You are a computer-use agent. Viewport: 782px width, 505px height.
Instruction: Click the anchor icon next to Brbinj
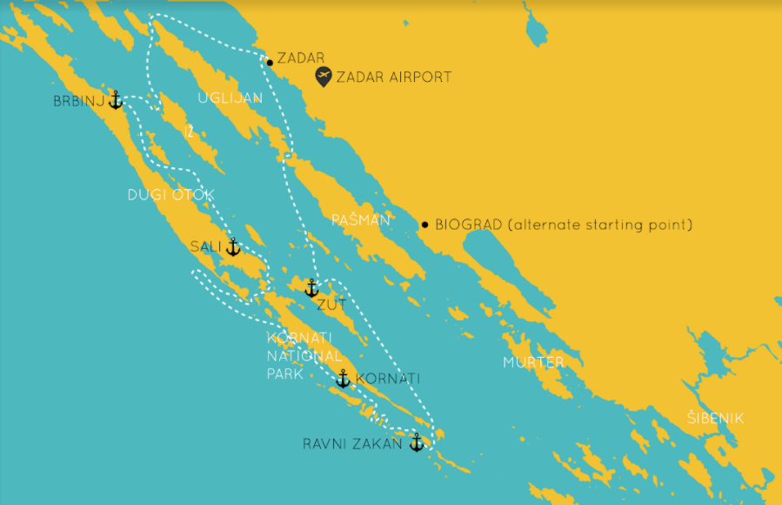(115, 100)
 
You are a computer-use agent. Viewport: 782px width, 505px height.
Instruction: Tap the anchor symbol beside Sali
(232, 247)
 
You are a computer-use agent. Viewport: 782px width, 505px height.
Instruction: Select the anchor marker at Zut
(311, 288)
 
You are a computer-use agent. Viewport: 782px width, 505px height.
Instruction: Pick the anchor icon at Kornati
(343, 379)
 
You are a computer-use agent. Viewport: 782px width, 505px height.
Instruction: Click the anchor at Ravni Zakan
(416, 442)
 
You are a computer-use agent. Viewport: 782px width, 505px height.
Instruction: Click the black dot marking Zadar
(270, 62)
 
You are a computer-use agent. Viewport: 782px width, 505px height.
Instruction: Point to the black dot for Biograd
(424, 225)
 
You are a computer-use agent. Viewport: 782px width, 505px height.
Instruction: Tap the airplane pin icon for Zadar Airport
(324, 76)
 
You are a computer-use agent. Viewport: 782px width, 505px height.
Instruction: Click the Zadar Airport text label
(394, 77)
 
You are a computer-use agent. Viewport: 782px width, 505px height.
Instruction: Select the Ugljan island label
(230, 98)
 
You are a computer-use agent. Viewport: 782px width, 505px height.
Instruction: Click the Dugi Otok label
(170, 195)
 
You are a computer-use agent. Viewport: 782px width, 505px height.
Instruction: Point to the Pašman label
(361, 221)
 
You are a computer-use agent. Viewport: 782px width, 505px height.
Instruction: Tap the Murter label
(533, 362)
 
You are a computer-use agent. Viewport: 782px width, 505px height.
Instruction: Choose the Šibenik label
(715, 419)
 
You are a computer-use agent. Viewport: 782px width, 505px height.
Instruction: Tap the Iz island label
(189, 132)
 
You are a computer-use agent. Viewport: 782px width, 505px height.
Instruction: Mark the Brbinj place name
(78, 102)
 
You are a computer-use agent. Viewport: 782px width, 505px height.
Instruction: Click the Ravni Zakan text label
(352, 444)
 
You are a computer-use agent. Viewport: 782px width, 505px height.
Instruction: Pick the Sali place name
(205, 247)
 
